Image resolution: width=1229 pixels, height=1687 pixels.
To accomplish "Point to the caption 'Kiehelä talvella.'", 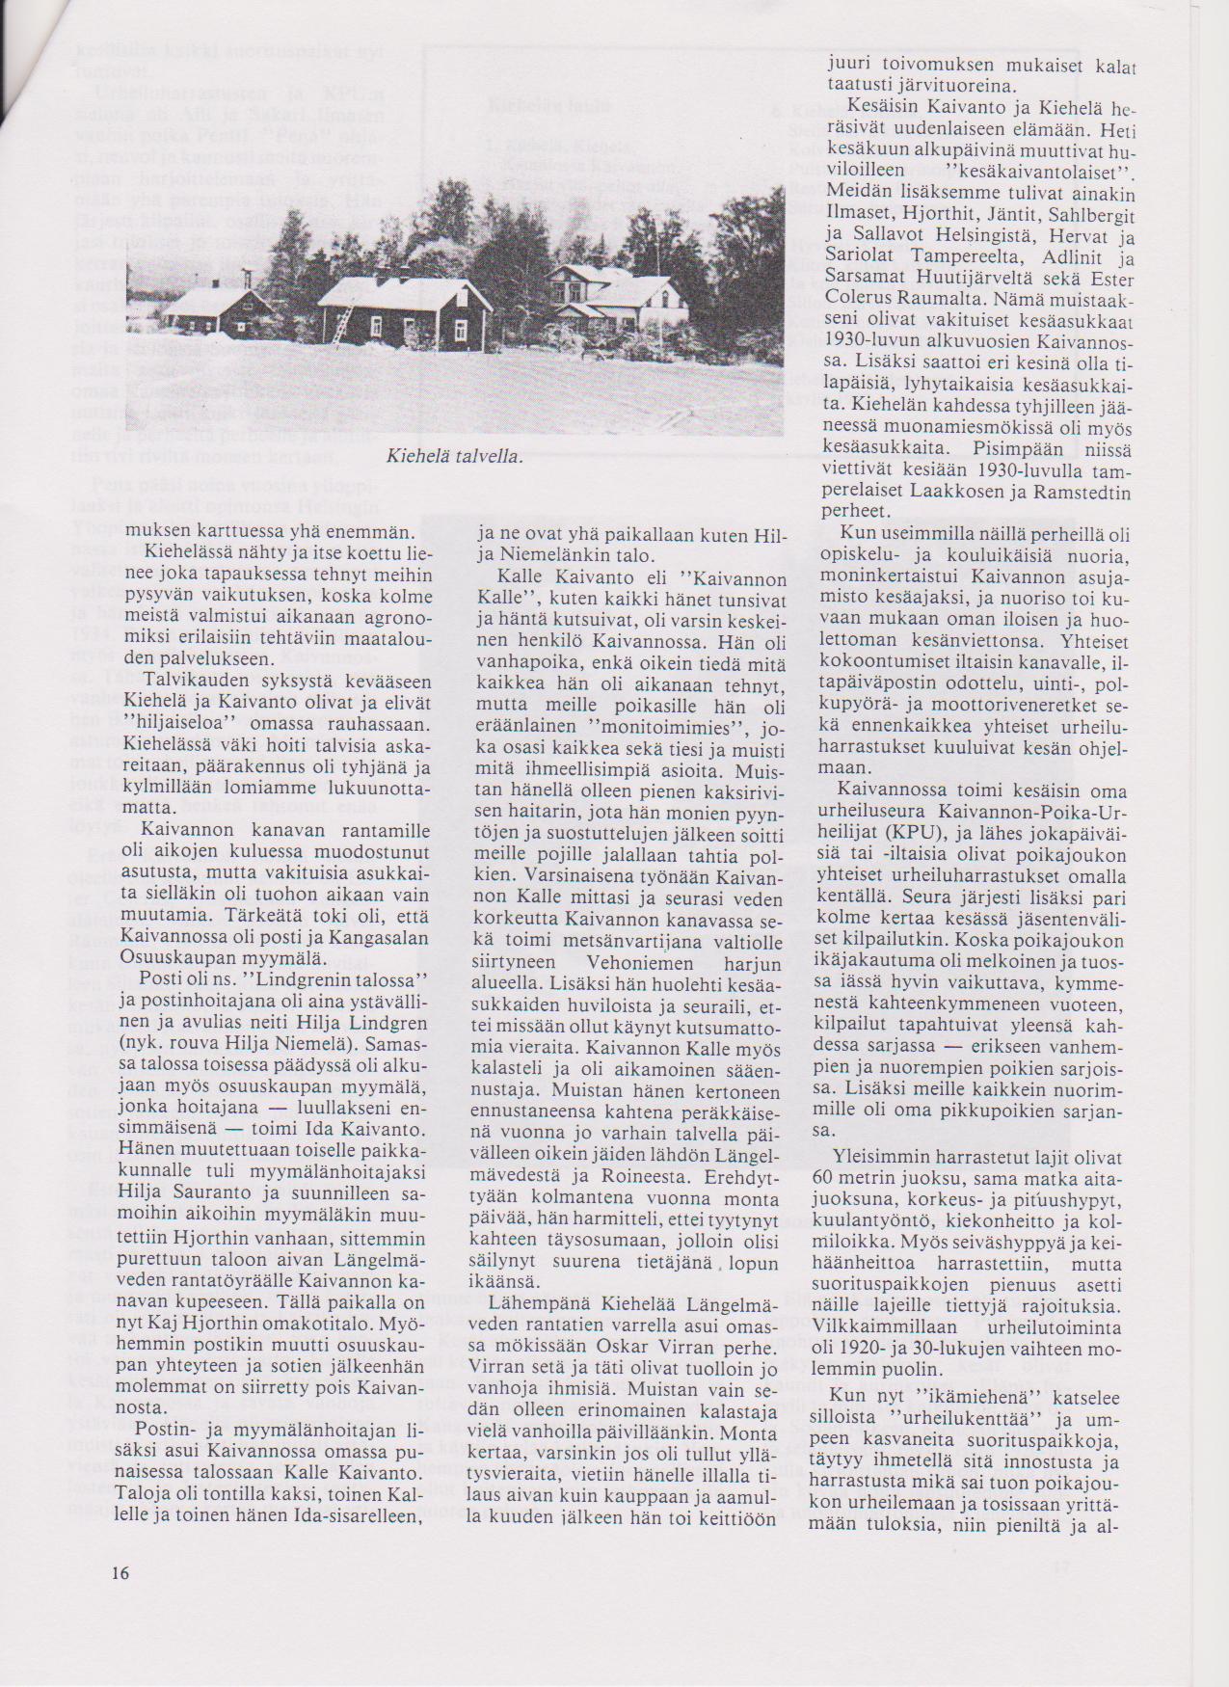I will click(454, 456).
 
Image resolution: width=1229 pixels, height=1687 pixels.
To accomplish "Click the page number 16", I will click(120, 1572).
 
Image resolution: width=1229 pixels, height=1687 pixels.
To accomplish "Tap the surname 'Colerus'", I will click(863, 299).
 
